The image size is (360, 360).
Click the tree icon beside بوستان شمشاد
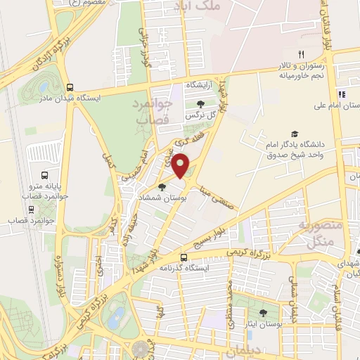pyautogui.click(x=162, y=187)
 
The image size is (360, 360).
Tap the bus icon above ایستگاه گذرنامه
pyautogui.click(x=184, y=257)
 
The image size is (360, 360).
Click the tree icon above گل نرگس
pyautogui.click(x=201, y=103)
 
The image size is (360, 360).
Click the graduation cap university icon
pyautogui.click(x=295, y=134)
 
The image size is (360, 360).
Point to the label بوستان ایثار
pyautogui.click(x=263, y=325)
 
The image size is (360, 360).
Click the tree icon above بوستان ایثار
pyautogui.click(x=263, y=314)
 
